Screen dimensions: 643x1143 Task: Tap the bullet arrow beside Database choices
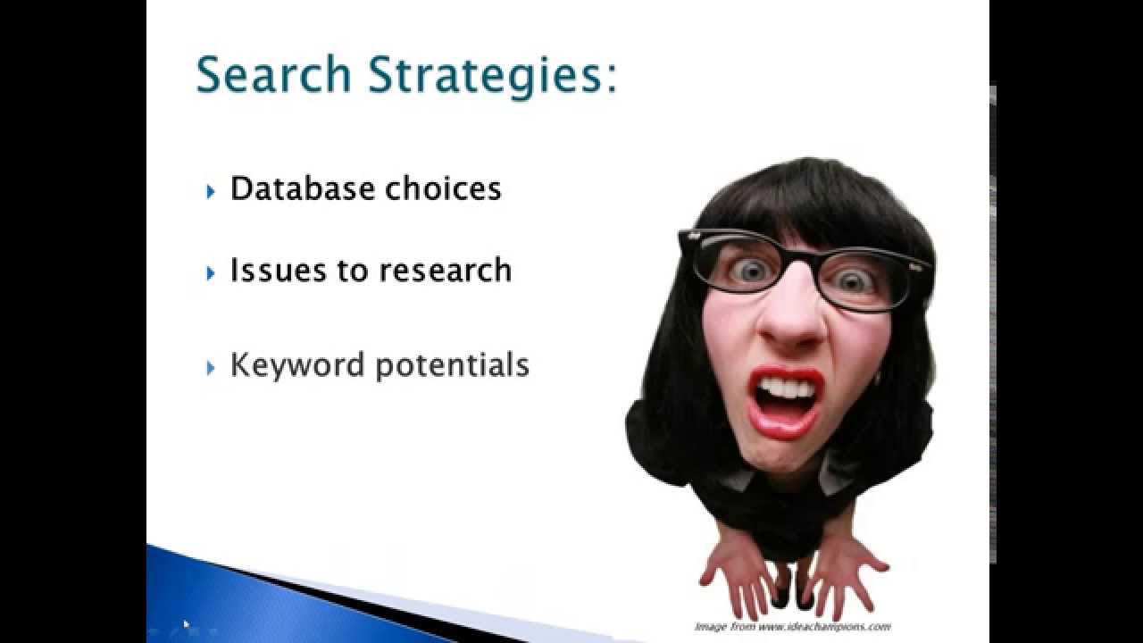tap(211, 191)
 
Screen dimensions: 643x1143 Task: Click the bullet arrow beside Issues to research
tap(211, 272)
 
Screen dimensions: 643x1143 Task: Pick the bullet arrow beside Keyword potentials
tap(211, 367)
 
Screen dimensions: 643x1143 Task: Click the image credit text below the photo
tap(792, 626)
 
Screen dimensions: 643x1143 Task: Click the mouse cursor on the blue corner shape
tap(187, 624)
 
